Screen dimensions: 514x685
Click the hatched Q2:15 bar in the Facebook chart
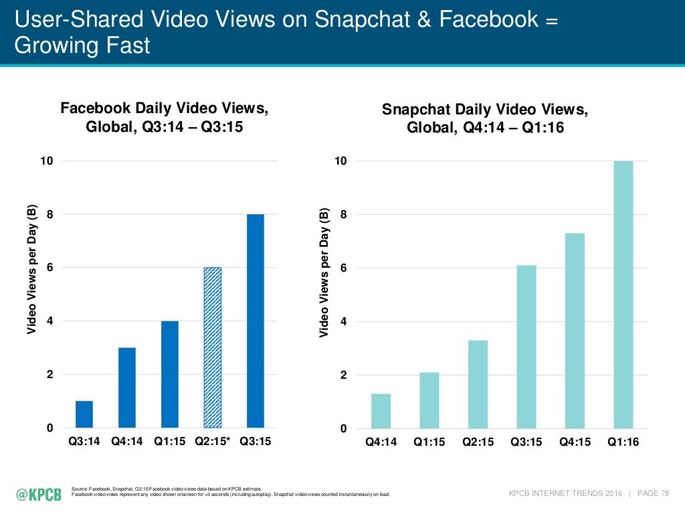212,347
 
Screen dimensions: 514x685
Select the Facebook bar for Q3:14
84,414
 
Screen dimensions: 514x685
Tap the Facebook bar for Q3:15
256,321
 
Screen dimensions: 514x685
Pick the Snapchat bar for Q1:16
623,294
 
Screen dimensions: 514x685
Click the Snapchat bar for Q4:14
381,411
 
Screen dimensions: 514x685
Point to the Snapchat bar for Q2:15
478,384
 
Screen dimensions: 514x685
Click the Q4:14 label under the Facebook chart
127,442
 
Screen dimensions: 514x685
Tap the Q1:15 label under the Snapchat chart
429,443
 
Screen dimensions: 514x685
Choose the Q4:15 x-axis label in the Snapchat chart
574,443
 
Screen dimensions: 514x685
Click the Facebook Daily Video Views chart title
165,117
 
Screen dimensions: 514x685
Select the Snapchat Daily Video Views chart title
485,118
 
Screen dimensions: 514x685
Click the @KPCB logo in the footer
39,495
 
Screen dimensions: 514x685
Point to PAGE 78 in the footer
653,494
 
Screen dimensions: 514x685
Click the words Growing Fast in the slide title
82,46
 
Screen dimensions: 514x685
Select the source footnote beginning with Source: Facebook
167,489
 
